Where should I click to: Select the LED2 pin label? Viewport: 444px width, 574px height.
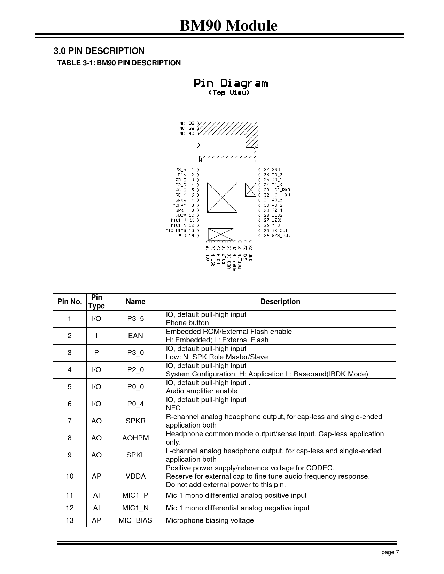pos(277,215)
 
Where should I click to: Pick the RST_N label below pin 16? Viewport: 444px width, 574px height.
pos(213,261)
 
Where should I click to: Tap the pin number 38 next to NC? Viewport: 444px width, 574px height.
pos(192,123)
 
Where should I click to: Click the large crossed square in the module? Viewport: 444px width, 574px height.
pos(222,197)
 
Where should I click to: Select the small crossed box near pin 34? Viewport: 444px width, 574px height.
pos(250,190)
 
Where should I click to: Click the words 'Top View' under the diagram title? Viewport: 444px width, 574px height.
pos(229,93)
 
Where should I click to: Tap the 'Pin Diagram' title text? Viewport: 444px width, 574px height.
pos(231,83)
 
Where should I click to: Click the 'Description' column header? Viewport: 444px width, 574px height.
pos(280,302)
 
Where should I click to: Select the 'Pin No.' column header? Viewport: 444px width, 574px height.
pos(70,302)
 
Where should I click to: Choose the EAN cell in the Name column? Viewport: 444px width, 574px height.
pos(135,336)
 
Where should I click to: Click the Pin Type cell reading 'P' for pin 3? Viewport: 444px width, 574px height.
pos(96,353)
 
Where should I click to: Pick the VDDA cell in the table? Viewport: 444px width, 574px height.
pos(135,476)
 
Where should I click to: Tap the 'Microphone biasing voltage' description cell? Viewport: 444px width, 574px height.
pos(210,520)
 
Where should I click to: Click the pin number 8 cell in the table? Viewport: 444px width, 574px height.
pos(70,438)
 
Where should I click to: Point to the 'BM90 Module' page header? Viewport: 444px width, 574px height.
pos(228,25)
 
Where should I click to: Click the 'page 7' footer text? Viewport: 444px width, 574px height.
pos(390,552)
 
